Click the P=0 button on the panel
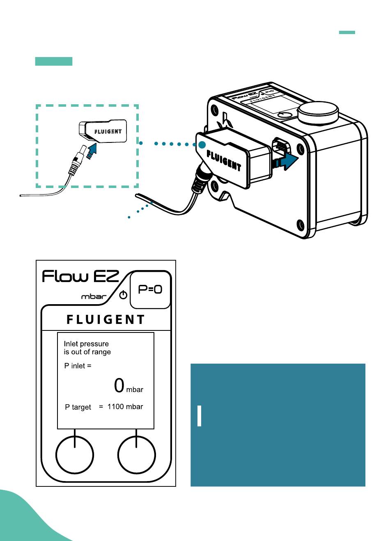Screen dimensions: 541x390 150,289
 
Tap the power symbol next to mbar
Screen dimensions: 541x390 123,295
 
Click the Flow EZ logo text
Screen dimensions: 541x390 80,276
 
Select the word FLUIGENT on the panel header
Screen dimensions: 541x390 106,319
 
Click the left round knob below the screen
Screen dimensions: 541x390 74,455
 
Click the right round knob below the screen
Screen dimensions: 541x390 136,455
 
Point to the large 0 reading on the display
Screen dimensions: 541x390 119,385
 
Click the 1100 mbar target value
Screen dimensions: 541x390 125,407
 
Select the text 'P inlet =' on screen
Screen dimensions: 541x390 78,366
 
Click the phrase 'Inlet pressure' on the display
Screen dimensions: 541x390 86,344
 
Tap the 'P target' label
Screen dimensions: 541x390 78,407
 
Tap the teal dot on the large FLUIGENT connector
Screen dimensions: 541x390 202,145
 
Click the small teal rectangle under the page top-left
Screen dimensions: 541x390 54,62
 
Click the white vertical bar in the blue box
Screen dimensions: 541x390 200,416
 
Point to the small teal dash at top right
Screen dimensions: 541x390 347,32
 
